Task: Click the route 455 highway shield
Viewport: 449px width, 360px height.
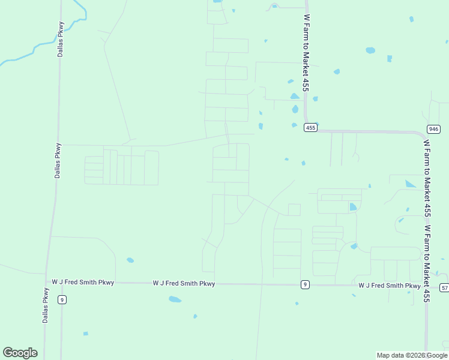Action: click(310, 127)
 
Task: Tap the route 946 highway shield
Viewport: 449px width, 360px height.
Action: click(433, 129)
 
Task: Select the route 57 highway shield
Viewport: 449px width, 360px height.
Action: click(444, 288)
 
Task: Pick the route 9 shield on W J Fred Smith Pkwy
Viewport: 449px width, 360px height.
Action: click(305, 284)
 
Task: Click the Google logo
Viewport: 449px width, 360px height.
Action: click(20, 353)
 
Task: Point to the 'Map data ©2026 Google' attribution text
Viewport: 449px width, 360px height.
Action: click(412, 355)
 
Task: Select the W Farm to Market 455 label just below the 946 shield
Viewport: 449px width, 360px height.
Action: click(427, 178)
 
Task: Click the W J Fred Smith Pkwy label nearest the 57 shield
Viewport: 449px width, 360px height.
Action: click(389, 286)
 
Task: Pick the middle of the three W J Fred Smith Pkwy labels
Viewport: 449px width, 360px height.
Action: click(184, 283)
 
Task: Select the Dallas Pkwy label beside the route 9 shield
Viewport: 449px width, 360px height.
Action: click(46, 305)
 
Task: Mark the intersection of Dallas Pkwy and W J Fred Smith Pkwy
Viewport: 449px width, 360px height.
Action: click(47, 281)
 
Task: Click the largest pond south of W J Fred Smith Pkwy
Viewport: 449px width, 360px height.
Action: click(175, 299)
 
